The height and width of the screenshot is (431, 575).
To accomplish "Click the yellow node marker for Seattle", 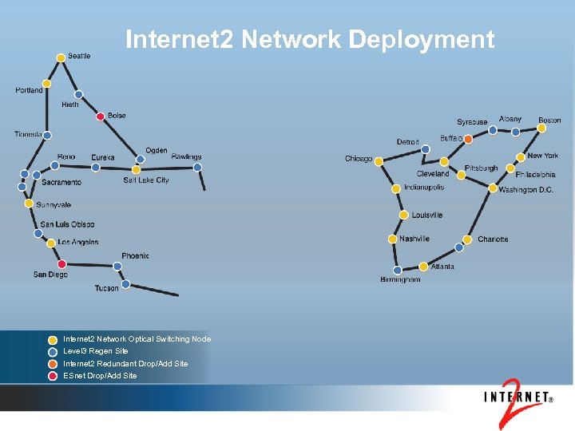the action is [61, 57].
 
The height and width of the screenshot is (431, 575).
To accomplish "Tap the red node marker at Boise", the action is [100, 117].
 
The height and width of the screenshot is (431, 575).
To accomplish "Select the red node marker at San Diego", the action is [61, 264].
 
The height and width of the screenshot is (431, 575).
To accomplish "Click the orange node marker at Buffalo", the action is [468, 139].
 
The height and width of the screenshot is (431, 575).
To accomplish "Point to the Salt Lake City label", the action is [146, 180].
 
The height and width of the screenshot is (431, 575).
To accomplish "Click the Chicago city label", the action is [359, 159].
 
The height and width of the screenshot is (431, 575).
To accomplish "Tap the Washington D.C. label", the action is [525, 190].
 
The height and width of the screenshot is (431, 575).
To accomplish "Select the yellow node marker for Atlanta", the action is [423, 267].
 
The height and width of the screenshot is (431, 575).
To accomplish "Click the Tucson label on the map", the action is [106, 288].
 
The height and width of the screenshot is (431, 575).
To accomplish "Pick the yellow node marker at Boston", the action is [543, 129].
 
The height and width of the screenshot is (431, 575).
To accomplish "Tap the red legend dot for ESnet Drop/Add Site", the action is [52, 376].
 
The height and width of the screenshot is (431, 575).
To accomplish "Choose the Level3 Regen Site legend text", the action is [96, 351].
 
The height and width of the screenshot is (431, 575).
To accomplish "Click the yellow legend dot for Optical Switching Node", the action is [52, 339].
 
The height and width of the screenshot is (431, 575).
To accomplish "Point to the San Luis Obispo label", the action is [67, 224].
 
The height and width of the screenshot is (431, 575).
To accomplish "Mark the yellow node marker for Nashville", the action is [392, 239].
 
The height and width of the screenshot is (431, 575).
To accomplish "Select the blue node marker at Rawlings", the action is [197, 168].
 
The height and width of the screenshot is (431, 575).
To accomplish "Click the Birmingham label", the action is [400, 279].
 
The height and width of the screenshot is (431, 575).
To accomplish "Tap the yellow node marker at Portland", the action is [47, 83].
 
